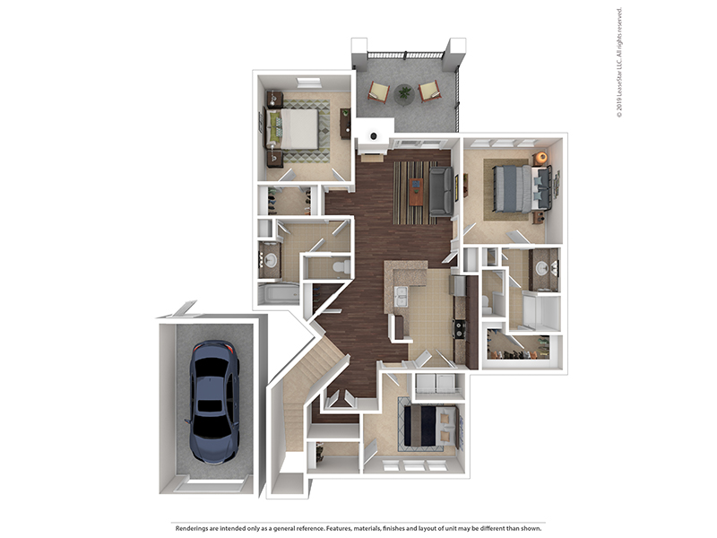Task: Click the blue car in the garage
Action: [214, 401]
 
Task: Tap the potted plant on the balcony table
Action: [404, 93]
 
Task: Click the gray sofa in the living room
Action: [441, 191]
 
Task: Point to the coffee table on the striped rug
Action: [416, 192]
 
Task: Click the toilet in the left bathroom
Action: [341, 266]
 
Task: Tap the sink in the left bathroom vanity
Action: [271, 261]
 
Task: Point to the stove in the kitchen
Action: [459, 328]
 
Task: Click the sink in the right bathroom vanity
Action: [543, 267]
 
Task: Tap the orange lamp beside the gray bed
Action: [541, 158]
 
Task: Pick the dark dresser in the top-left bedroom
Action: [345, 124]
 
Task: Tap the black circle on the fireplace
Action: [374, 136]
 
